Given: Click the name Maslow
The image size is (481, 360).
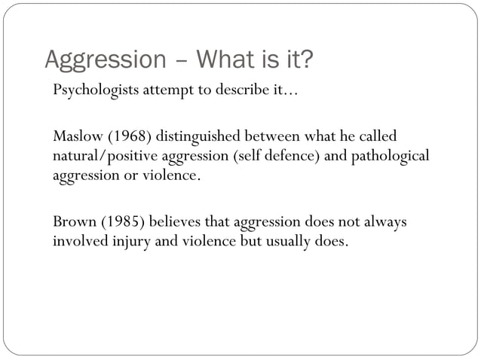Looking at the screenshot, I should pos(75,136).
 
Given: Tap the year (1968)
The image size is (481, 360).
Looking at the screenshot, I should pos(126,136).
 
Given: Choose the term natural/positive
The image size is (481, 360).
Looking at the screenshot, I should pos(101,156).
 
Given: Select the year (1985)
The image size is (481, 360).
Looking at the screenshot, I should pos(118,224).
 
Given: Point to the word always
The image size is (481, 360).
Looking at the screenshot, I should pos(384,224).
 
